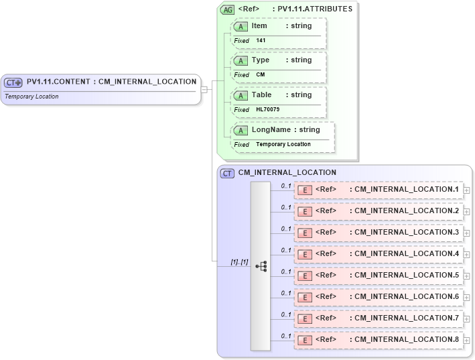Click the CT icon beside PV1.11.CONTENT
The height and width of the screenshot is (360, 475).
pyautogui.click(x=13, y=82)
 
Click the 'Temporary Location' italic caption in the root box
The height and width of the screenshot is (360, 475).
pyautogui.click(x=31, y=97)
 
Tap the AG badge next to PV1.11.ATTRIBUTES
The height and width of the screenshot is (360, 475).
pyautogui.click(x=228, y=9)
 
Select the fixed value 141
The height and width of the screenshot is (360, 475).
pyautogui.click(x=261, y=40)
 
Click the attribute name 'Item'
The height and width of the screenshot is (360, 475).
pyautogui.click(x=259, y=26)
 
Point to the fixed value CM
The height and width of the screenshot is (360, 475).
pyautogui.click(x=261, y=74)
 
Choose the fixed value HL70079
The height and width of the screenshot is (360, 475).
pyautogui.click(x=267, y=109)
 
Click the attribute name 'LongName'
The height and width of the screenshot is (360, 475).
pyautogui.click(x=271, y=129)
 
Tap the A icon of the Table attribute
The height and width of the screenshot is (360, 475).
pyautogui.click(x=241, y=96)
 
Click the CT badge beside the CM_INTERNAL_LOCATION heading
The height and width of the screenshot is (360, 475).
pyautogui.click(x=228, y=173)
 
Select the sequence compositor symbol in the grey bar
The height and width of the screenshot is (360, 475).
pyautogui.click(x=261, y=266)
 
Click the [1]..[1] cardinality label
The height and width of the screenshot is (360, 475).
pyautogui.click(x=239, y=262)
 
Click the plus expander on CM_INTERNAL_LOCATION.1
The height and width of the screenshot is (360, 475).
pyautogui.click(x=466, y=190)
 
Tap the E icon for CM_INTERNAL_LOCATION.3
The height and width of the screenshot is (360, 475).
pyautogui.click(x=305, y=233)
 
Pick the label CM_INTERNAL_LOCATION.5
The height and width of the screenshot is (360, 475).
pyautogui.click(x=406, y=275)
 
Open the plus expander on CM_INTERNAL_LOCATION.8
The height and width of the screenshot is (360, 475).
pyautogui.click(x=466, y=341)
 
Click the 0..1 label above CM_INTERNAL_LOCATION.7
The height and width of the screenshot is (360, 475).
pyautogui.click(x=286, y=314)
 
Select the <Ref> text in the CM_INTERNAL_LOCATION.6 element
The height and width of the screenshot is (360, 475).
pyautogui.click(x=326, y=296)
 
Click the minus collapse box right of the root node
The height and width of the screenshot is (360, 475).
pyautogui.click(x=204, y=89)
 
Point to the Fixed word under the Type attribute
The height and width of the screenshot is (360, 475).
pyautogui.click(x=241, y=75)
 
